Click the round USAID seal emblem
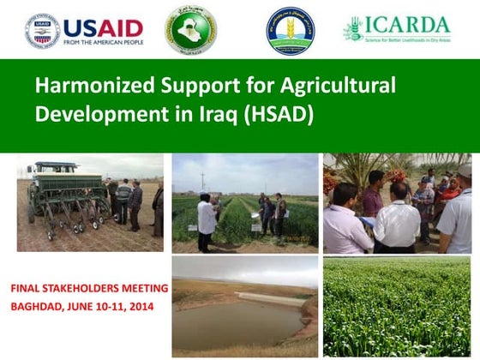pyautogui.click(x=42, y=29)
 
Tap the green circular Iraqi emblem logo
pyautogui.click(x=191, y=29)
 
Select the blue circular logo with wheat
pyautogui.click(x=290, y=30)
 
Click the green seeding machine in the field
pyautogui.click(x=64, y=193)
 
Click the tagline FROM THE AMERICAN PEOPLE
pyautogui.click(x=103, y=42)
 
